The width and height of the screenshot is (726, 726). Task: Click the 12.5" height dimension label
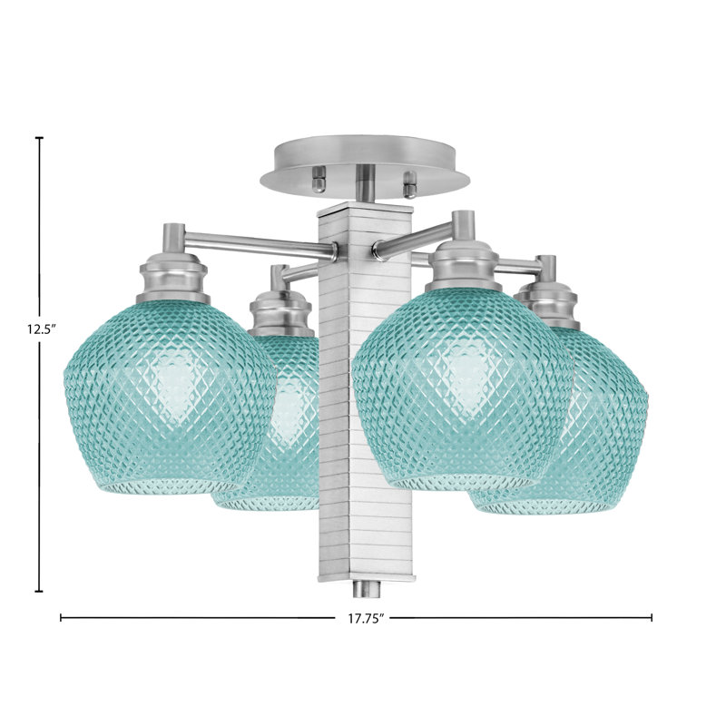pos(41,329)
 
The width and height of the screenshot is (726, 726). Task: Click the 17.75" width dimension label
pos(367,619)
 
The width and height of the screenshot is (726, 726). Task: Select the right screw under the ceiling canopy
pos(410,184)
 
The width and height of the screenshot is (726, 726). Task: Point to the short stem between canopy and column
pos(366,184)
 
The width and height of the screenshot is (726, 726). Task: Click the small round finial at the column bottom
pos(367,589)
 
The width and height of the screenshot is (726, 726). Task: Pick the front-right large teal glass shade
pos(462,389)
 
